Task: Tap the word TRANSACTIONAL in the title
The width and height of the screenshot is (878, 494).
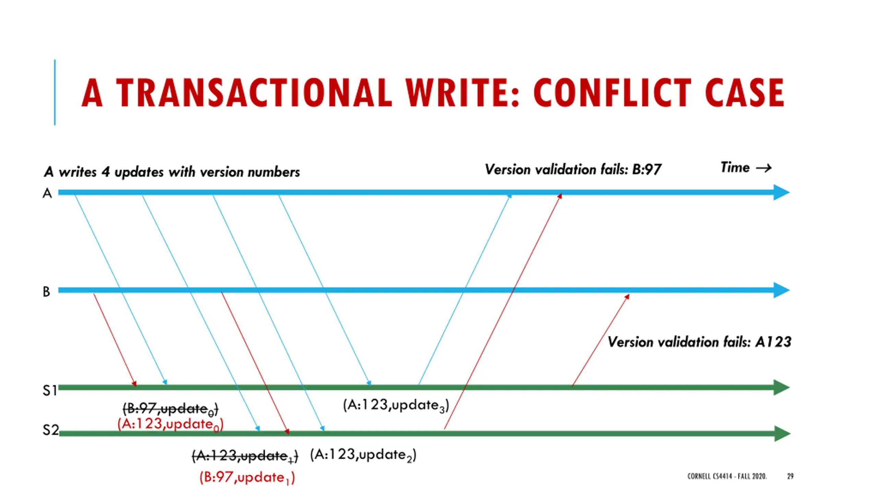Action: (254, 93)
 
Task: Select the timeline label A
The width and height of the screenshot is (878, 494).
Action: (47, 193)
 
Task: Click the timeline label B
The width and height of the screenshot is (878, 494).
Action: (46, 292)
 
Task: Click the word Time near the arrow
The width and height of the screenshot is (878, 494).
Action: (735, 167)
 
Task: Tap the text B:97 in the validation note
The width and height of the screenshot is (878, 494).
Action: (646, 169)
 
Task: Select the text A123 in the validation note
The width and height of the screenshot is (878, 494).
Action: (773, 342)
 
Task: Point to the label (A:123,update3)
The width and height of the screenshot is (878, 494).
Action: (396, 405)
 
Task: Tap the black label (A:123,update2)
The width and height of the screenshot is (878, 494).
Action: (363, 455)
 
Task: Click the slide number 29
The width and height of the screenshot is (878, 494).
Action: (790, 476)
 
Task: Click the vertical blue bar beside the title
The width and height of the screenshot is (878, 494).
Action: (55, 92)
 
